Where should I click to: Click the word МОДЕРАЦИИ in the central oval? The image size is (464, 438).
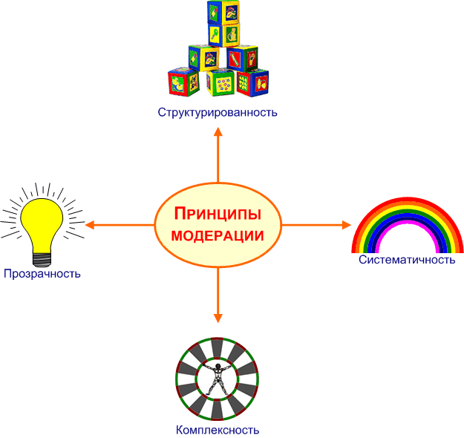coord(218,236)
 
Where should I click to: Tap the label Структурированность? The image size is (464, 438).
coord(218,113)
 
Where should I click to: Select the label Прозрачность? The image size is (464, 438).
coord(41,274)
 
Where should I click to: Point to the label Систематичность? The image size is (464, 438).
coord(407,260)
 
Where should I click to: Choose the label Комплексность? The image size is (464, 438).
coord(218,430)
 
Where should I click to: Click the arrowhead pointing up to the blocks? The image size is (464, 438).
coord(218,132)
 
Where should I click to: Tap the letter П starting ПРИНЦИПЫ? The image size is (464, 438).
coord(180,215)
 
